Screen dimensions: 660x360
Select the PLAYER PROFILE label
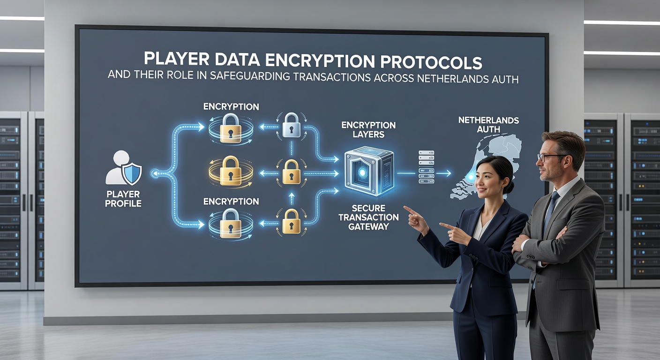coord(123,199)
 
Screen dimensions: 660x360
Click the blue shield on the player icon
coord(132,174)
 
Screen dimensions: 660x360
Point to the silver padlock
coord(292,125)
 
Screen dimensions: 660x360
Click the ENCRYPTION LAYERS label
coord(368,130)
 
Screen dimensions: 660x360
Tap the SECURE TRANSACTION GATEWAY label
coord(368,217)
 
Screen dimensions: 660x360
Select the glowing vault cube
coord(369,171)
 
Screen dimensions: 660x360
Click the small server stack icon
coord(427,167)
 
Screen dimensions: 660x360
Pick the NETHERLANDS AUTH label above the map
coord(488,125)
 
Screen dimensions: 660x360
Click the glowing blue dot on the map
coord(471,177)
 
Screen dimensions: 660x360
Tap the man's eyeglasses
coord(550,157)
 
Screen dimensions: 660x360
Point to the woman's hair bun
coord(510,187)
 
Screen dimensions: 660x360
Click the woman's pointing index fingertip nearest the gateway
coord(405,207)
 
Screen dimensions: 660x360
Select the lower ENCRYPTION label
coord(231,202)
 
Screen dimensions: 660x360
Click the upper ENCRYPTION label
coord(231,106)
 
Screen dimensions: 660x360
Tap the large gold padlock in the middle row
coord(231,172)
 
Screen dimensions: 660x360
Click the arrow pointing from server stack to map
coord(443,173)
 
